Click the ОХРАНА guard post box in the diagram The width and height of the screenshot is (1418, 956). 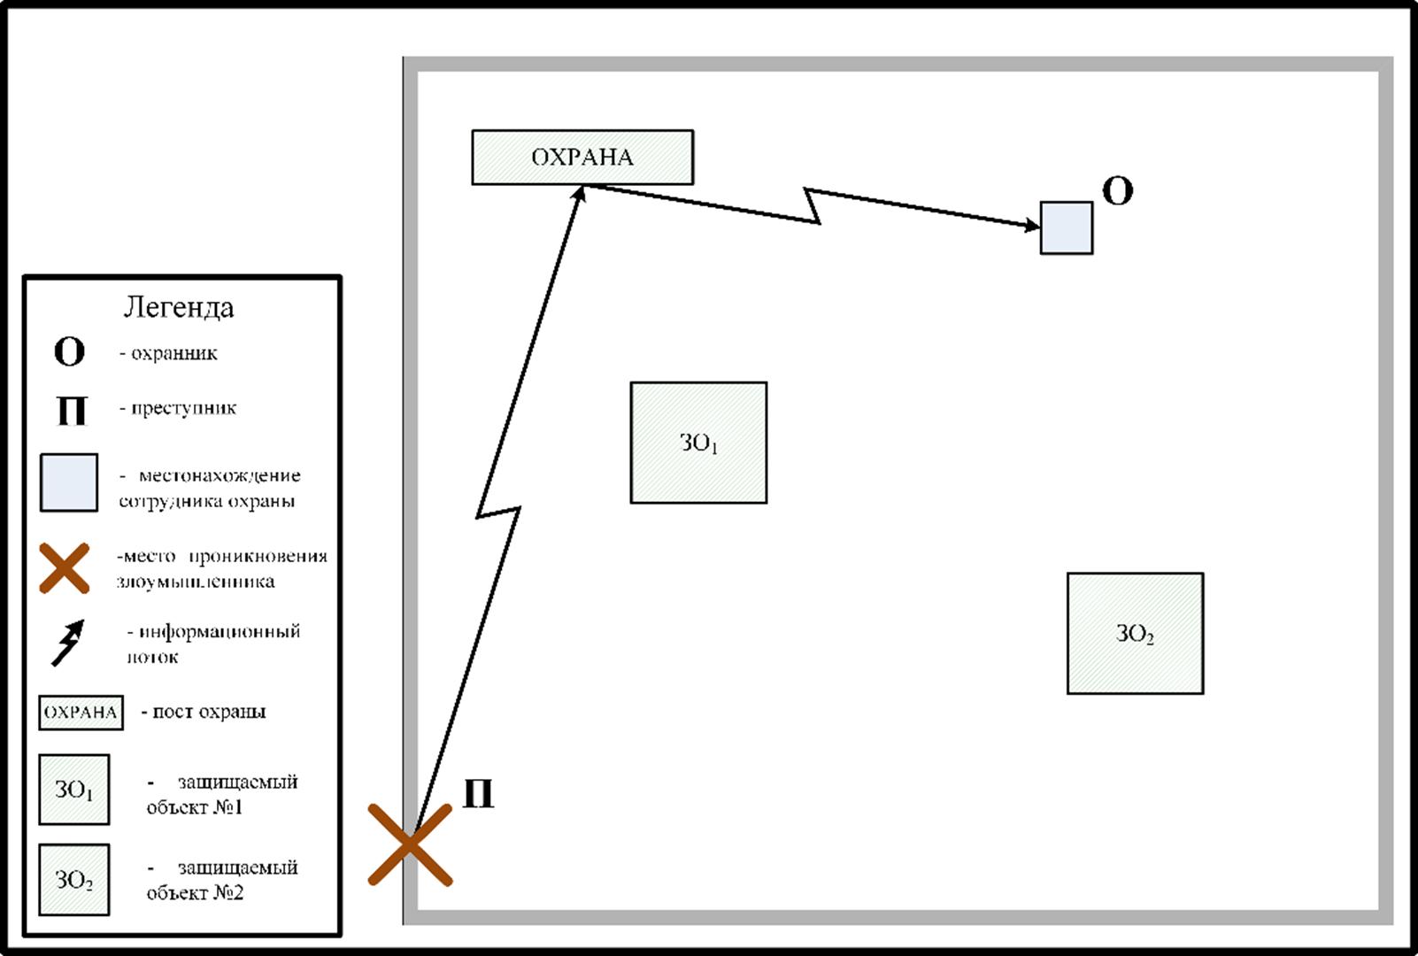582,158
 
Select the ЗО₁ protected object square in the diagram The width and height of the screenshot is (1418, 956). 698,443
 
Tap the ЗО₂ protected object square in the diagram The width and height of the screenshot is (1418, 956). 1135,633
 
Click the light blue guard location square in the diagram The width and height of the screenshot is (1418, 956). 1066,228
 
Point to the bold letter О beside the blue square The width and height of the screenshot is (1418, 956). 1117,191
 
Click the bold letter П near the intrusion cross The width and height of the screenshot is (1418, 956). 478,794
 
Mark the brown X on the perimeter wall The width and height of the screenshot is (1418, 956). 411,844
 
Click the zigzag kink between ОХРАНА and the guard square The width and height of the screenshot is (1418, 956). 813,206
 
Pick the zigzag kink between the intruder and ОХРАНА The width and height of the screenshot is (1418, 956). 498,511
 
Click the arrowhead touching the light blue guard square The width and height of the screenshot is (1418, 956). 1032,227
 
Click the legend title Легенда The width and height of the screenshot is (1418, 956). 179,307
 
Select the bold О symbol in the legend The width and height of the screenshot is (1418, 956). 69,352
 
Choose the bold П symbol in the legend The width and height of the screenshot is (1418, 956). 71,410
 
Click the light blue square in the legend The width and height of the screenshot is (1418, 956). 69,482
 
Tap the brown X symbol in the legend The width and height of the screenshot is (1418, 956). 65,568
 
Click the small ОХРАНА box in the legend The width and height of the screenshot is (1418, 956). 81,713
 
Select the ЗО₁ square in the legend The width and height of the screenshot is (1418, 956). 74,790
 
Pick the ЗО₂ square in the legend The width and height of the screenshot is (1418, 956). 74,880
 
